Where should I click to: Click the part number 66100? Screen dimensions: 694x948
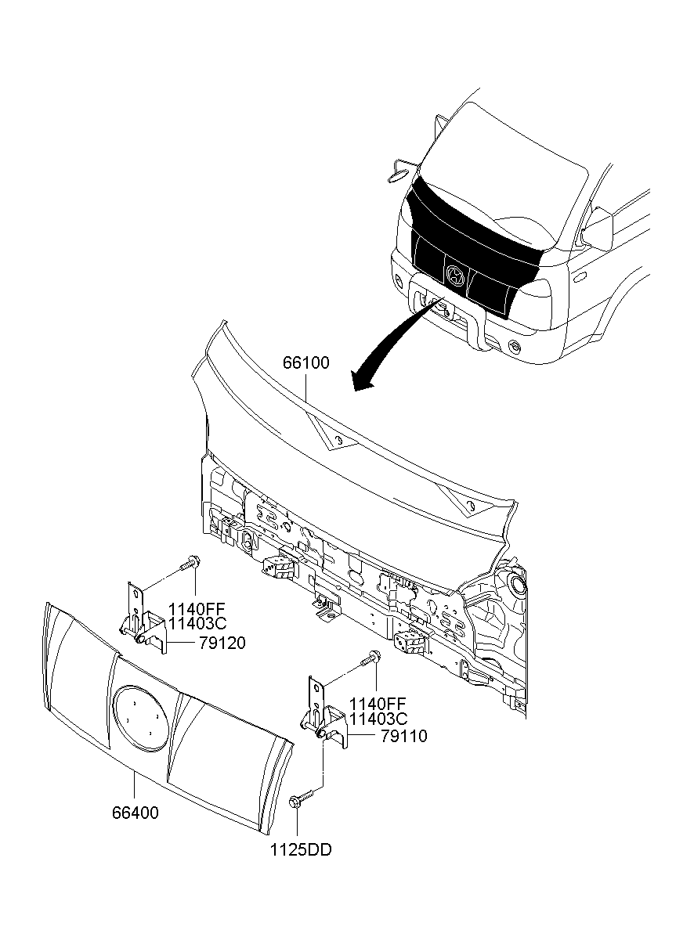click(x=305, y=362)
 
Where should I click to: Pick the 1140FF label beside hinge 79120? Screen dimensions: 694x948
click(x=197, y=609)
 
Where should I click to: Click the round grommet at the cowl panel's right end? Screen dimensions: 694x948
click(x=517, y=585)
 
